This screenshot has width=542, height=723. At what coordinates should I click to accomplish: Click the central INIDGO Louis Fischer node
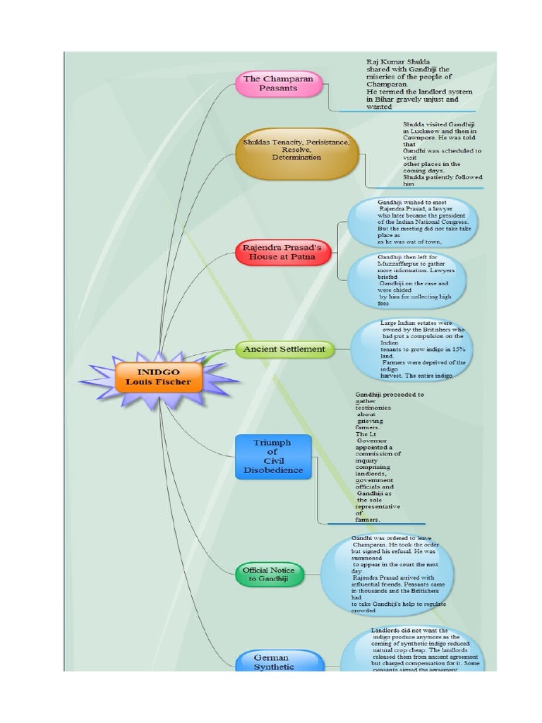pos(158,376)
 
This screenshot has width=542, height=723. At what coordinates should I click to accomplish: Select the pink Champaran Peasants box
pos(278,84)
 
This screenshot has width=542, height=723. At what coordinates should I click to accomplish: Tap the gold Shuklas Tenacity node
pos(296,153)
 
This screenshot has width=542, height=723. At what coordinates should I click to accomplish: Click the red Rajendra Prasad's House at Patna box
pos(282,253)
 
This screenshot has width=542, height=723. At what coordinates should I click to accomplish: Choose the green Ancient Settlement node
pos(284,349)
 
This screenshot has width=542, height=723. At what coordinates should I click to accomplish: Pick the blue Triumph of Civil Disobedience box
pos(273,456)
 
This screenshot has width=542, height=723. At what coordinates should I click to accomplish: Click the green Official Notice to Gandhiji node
pos(269,574)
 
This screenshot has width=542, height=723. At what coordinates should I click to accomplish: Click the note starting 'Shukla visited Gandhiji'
pos(442,153)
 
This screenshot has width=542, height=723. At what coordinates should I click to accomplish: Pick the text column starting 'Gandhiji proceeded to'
pos(379,457)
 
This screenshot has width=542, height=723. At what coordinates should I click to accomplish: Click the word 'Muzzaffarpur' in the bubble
pos(399,263)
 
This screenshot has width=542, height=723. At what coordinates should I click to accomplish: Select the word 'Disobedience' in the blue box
pos(273,470)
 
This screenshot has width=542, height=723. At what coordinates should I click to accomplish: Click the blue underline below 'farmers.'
pos(376,524)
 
